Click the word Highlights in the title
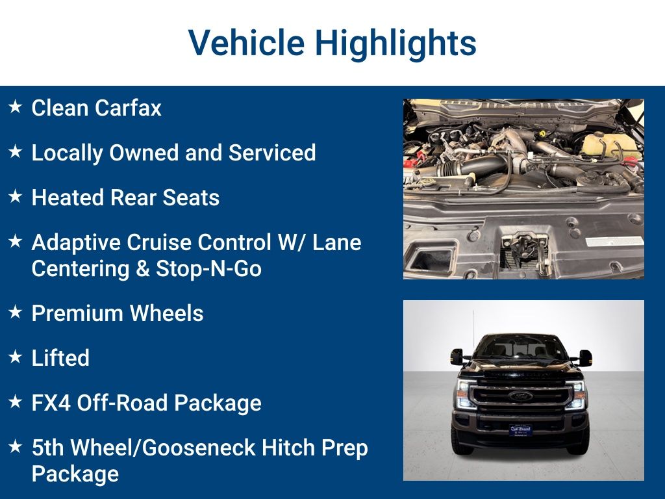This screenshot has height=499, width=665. coord(395,43)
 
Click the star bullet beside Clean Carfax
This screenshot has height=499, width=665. coord(16,107)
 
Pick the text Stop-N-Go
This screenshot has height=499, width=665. coord(208,268)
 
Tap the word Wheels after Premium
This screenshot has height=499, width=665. coord(167,313)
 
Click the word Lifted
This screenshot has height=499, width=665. coord(60,358)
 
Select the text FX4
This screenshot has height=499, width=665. coord(51,403)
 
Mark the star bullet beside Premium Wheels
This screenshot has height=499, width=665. coord(16,313)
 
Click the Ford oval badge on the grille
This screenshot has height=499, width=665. coord(520,396)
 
